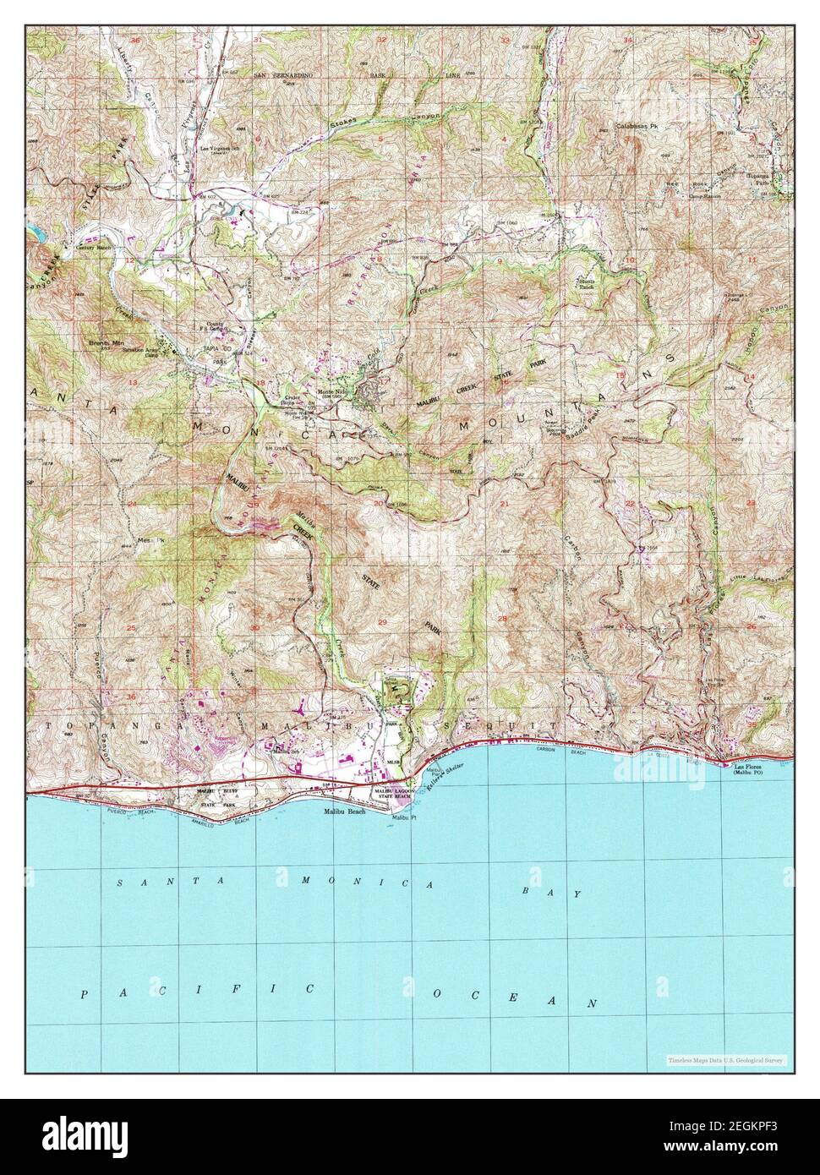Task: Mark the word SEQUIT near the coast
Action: point(504,725)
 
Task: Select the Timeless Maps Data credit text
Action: point(725,1059)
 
